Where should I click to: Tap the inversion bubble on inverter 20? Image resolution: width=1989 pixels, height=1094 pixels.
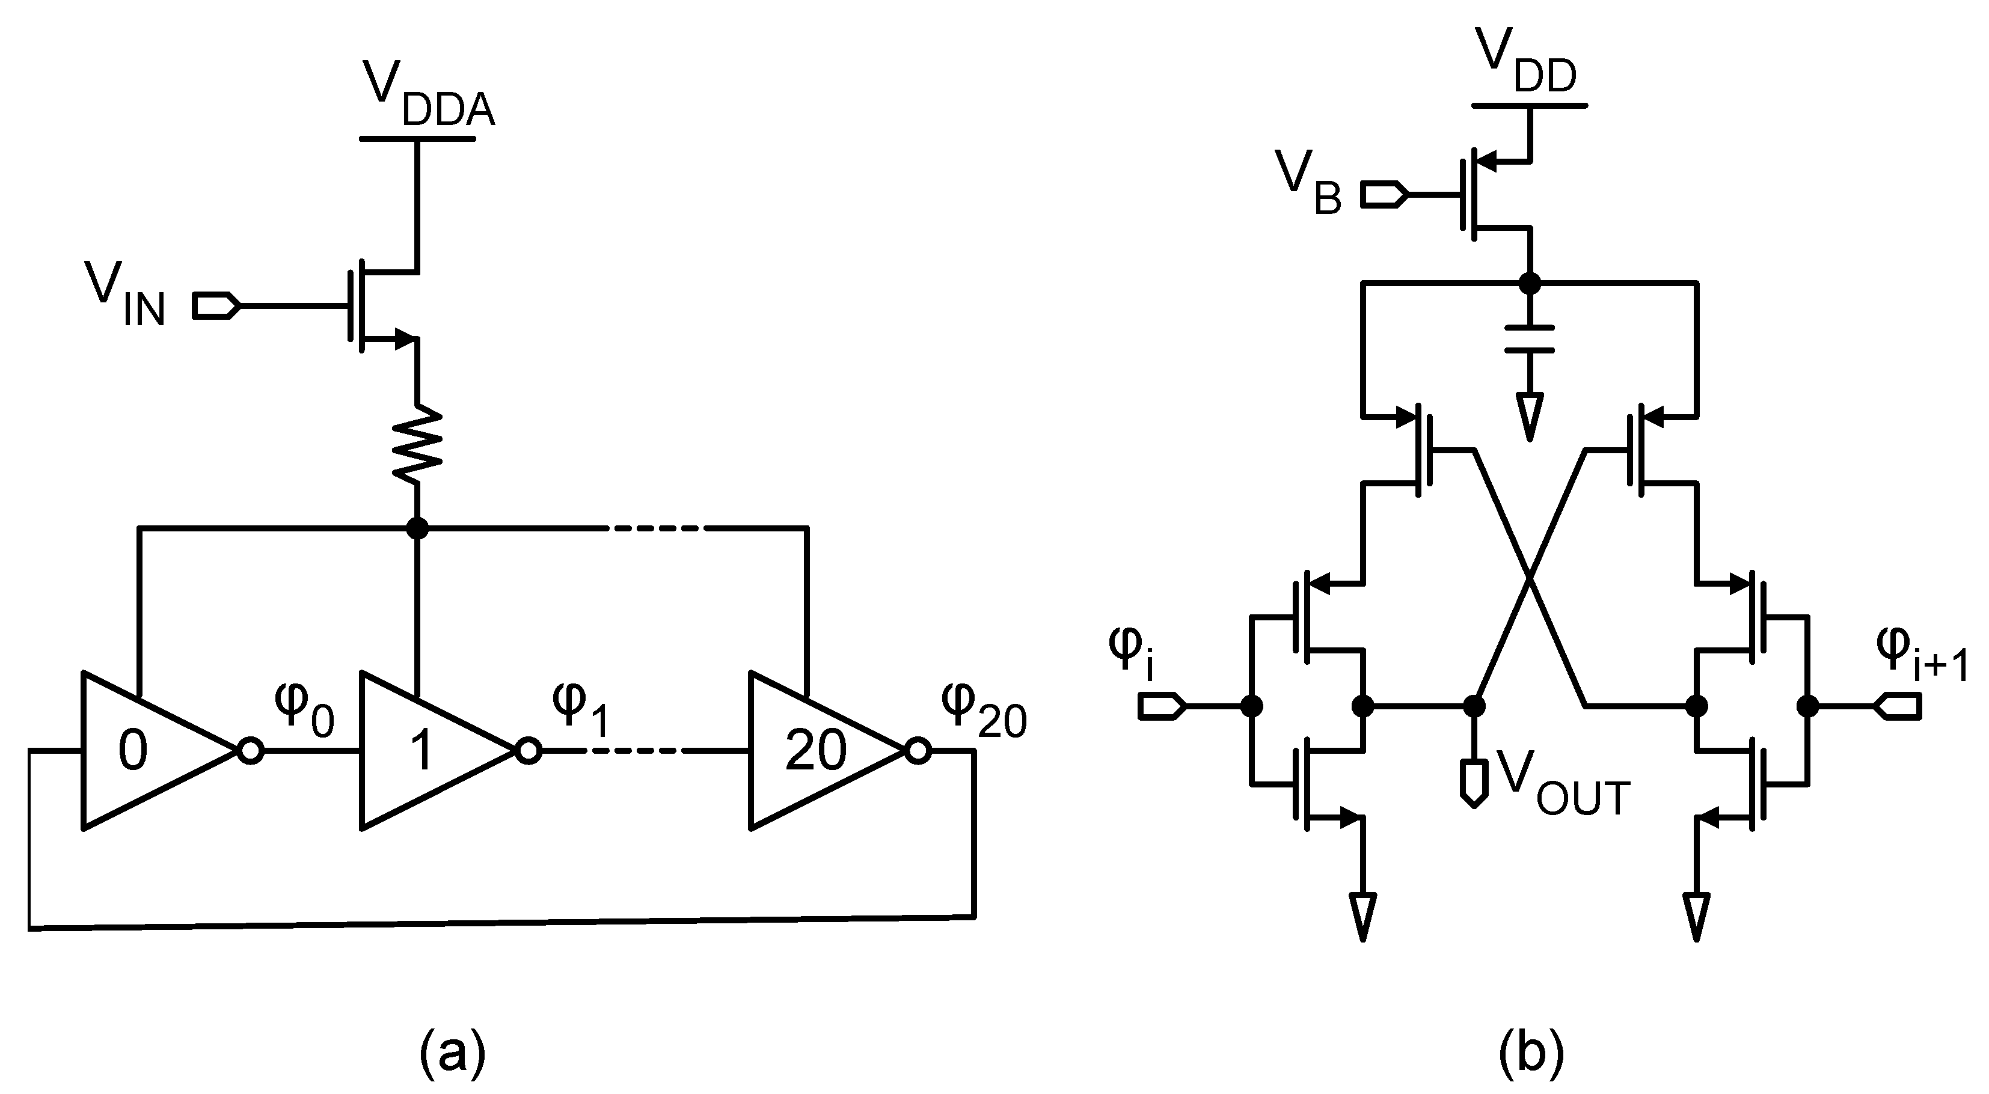point(918,750)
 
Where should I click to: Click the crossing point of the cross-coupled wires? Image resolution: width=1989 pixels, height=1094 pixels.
point(1530,578)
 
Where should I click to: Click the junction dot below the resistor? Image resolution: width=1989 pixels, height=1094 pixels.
point(417,528)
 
